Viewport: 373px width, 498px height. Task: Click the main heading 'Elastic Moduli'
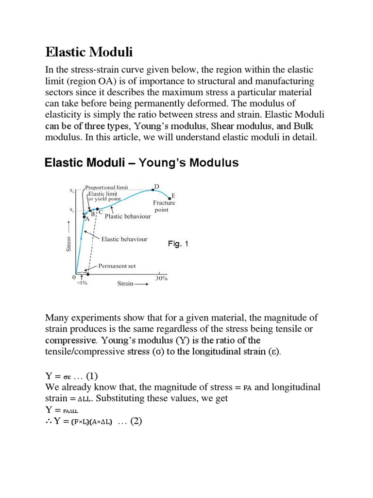[88, 52]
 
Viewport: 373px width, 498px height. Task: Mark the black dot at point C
[98, 209]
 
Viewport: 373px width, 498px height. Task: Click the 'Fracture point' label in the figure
[164, 206]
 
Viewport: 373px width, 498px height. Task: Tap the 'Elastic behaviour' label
[124, 239]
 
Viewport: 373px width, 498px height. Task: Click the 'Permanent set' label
[117, 266]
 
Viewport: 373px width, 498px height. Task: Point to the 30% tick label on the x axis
[161, 279]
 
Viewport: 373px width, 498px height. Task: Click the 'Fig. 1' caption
[178, 244]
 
